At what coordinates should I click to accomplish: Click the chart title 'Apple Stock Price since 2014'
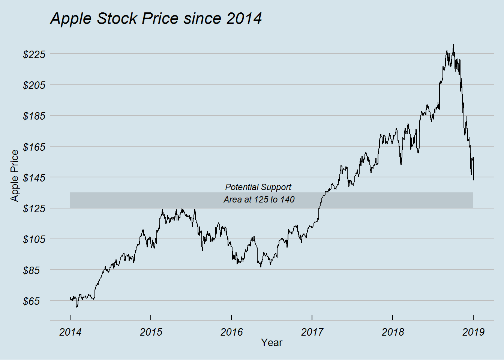coord(156,19)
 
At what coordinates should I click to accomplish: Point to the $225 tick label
coord(34,54)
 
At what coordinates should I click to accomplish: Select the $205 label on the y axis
coord(34,85)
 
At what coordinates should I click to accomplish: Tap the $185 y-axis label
coord(34,116)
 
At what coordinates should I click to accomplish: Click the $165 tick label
coord(34,147)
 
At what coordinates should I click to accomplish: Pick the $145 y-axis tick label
coord(34,177)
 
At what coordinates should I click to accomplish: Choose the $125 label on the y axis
coord(34,208)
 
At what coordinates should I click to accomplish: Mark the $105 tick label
coord(34,239)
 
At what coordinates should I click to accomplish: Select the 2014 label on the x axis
coord(70,332)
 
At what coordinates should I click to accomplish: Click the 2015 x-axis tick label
coord(151,332)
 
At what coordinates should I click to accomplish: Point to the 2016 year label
coord(231,332)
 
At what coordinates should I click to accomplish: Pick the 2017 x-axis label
coord(312,332)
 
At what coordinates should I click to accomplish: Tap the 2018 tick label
coord(393,332)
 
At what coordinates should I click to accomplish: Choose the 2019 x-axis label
coord(473,332)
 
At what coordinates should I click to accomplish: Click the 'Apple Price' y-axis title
coord(15,175)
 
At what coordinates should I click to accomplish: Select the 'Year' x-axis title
coord(271,343)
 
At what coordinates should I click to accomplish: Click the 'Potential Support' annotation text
coord(258,187)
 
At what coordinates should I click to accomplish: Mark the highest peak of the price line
coord(453,45)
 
